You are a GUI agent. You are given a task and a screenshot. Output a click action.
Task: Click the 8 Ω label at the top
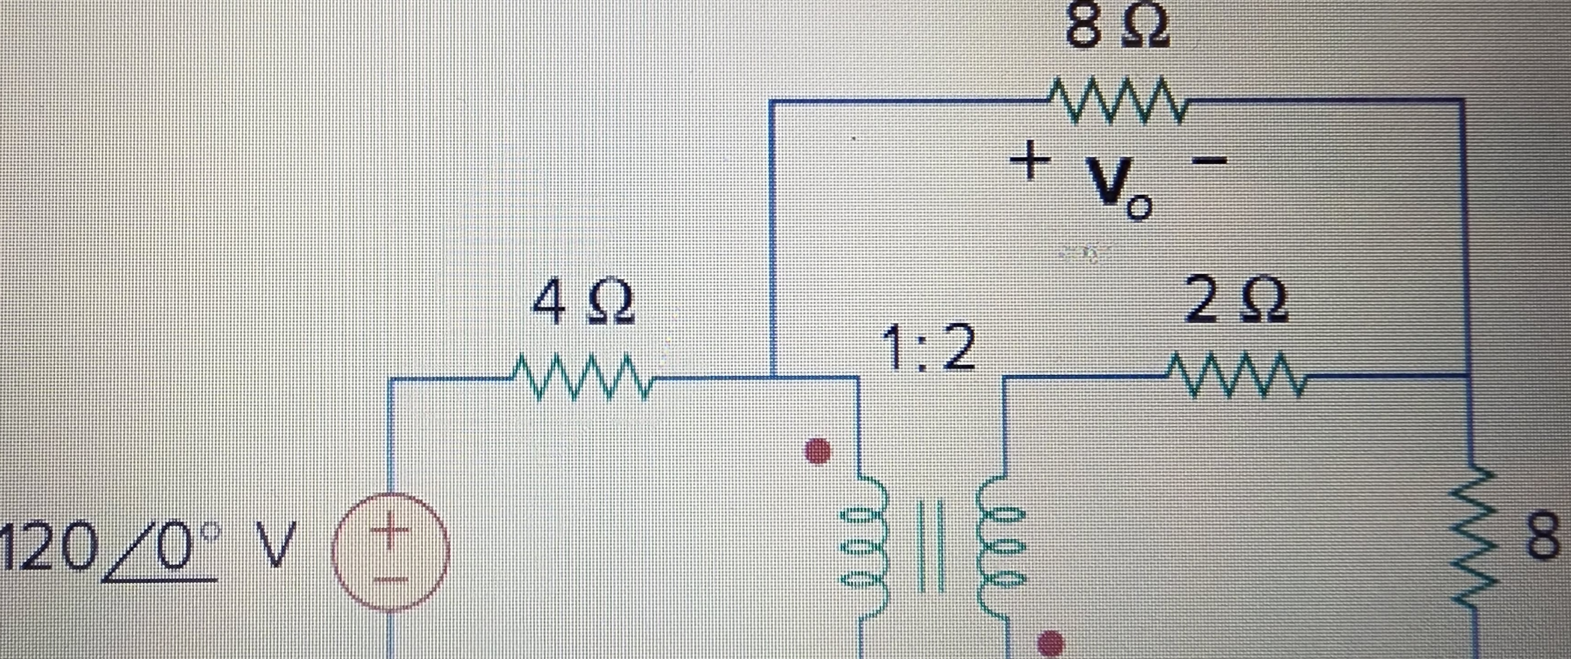pyautogui.click(x=1117, y=28)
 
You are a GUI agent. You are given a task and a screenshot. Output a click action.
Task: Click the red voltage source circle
pyautogui.click(x=390, y=552)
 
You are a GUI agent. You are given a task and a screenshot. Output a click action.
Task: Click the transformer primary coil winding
pyautogui.click(x=862, y=549)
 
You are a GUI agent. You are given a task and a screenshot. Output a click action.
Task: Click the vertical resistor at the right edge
pyautogui.click(x=1470, y=537)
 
